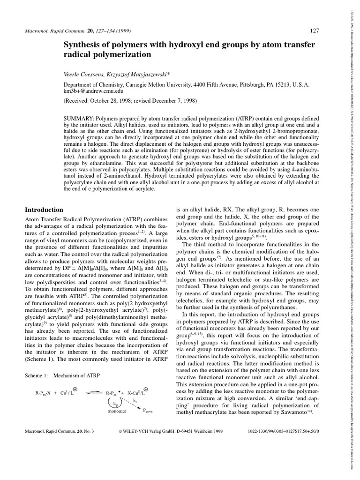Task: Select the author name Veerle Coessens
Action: click(x=81, y=75)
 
